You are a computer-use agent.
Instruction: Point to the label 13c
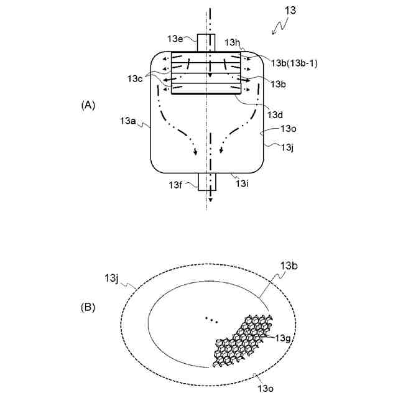(x=136, y=78)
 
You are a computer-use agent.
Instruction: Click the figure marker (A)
(x=88, y=105)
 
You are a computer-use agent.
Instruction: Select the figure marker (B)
(x=88, y=306)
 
